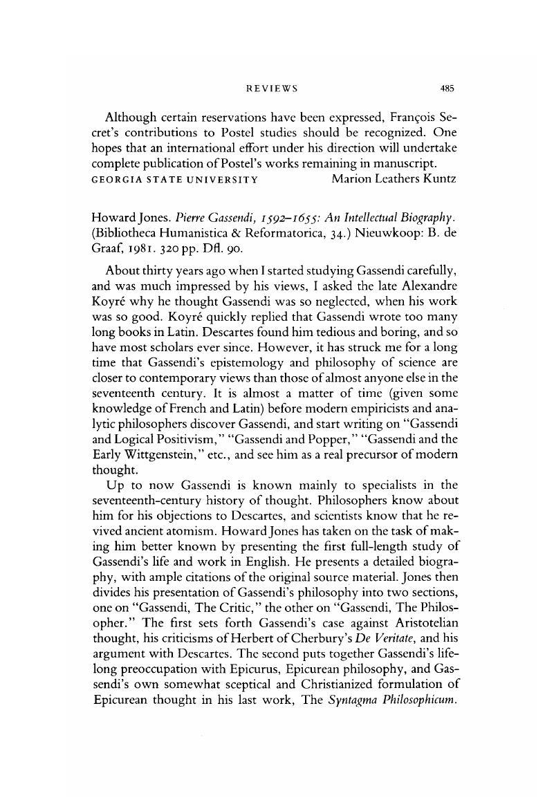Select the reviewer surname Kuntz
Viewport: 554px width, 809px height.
(438, 180)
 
